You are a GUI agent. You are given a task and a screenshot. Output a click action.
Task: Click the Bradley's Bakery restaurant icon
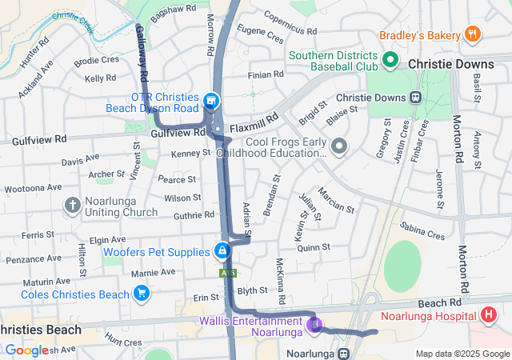[x=473, y=34]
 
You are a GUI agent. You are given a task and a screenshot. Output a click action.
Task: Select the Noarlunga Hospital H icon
[x=490, y=316]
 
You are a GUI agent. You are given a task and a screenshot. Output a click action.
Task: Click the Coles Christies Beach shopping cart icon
[x=142, y=294]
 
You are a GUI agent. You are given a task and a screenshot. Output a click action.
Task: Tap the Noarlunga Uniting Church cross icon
[x=73, y=205]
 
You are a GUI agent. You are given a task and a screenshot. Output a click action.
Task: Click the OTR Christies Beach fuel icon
[x=212, y=101]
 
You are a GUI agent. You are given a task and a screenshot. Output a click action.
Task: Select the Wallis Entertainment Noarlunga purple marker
[x=314, y=324]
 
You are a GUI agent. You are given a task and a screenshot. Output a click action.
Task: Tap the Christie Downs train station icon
[x=415, y=98]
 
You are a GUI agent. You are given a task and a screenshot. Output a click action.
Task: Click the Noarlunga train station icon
[x=344, y=353]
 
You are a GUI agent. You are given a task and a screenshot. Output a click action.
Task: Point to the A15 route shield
[x=228, y=273]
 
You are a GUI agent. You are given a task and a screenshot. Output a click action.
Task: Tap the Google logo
[x=26, y=350]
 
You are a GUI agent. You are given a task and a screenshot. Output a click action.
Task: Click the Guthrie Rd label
[x=194, y=214]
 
